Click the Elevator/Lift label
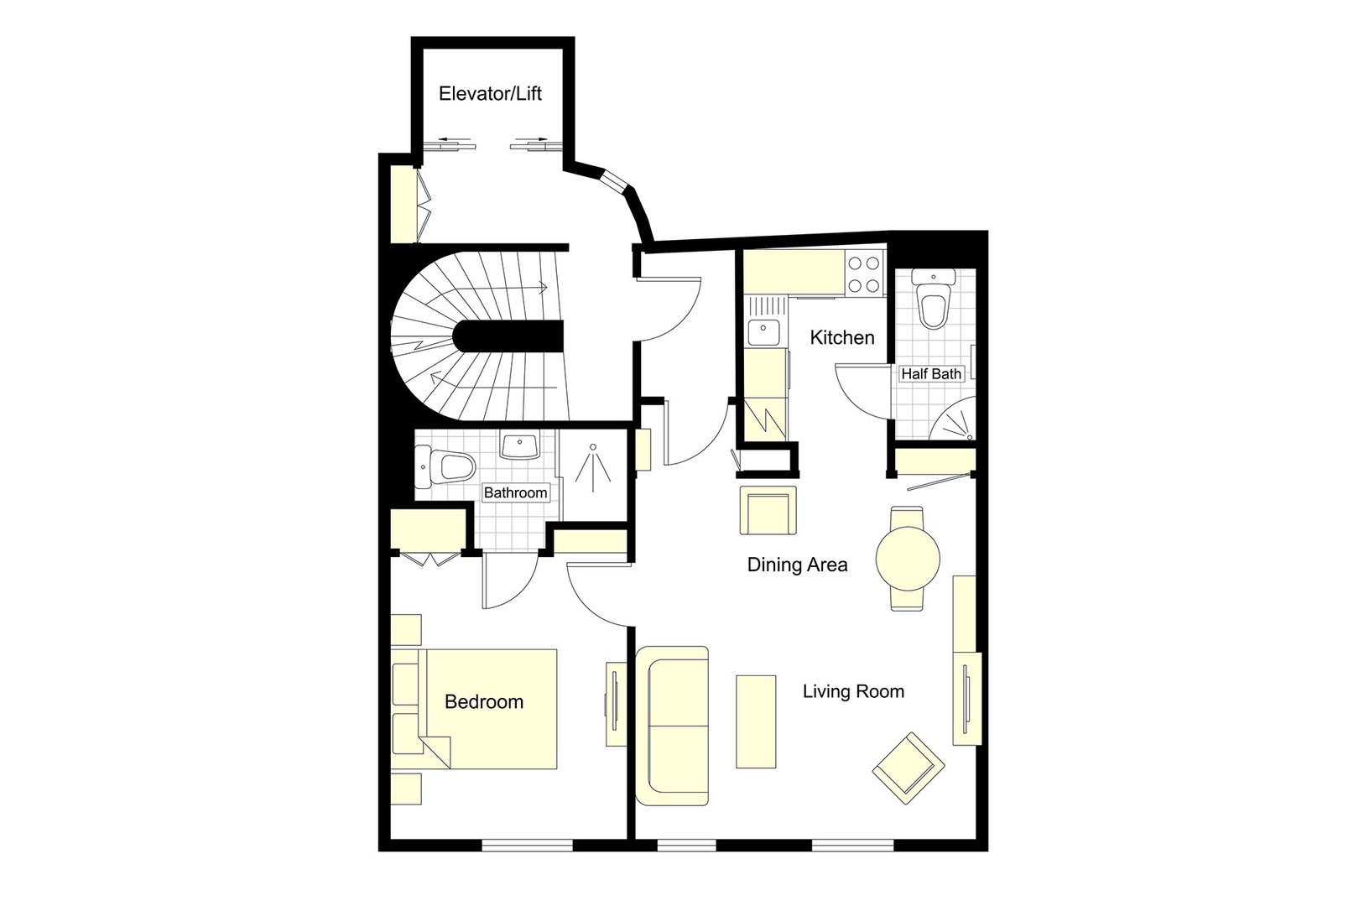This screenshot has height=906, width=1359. (x=490, y=93)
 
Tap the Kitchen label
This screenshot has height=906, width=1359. (x=842, y=337)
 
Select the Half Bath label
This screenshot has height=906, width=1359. (x=931, y=373)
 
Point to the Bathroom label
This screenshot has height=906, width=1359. (x=515, y=492)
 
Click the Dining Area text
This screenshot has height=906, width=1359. (x=797, y=565)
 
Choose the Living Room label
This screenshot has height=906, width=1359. (x=853, y=691)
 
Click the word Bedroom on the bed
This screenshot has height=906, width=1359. (x=484, y=701)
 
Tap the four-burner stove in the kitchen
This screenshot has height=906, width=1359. (x=864, y=273)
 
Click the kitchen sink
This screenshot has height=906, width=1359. (x=765, y=333)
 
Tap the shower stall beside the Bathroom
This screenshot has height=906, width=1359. (x=593, y=470)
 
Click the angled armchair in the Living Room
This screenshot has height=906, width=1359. (x=908, y=767)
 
